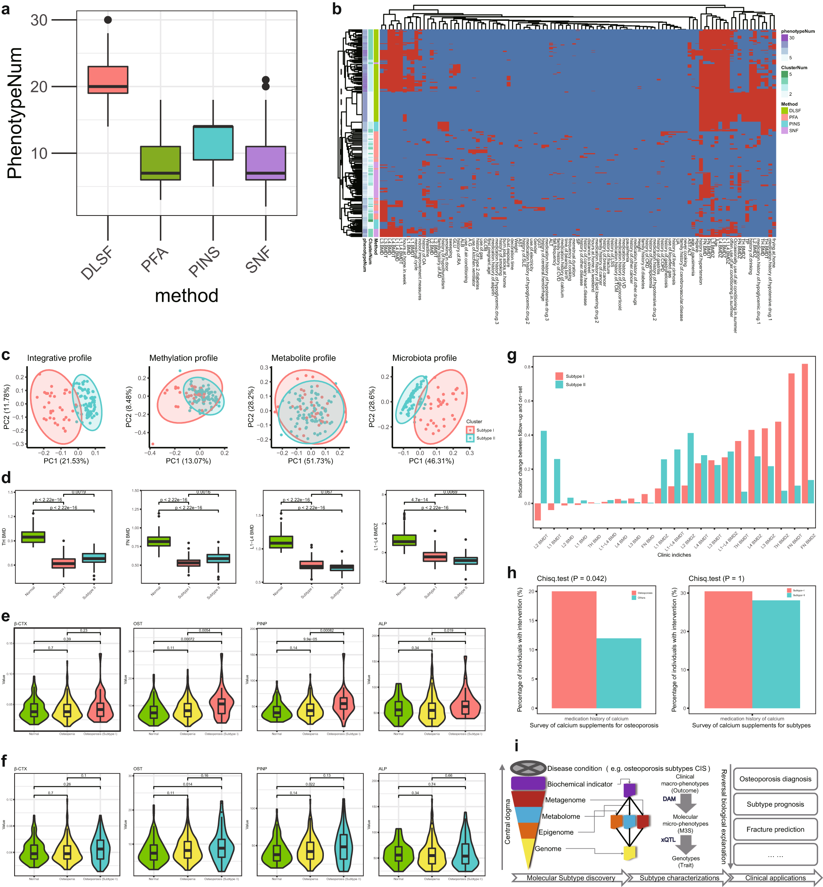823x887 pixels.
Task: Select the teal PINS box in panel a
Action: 213,142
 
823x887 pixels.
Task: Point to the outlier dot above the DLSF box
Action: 108,20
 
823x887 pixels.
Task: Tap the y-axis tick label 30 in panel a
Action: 39,20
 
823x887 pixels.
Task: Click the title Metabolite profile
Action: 303,358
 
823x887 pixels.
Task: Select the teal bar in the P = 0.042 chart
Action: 619,673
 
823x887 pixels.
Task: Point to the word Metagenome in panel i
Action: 565,800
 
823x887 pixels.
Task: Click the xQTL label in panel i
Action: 668,840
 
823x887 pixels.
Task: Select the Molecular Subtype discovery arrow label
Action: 570,878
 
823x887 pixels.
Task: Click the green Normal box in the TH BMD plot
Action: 33,537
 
